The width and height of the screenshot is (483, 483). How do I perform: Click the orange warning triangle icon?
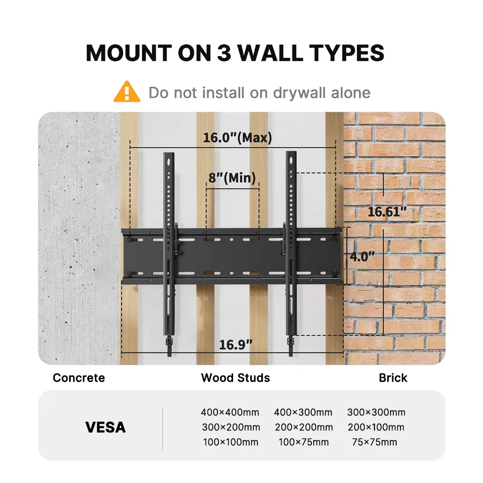click(126, 92)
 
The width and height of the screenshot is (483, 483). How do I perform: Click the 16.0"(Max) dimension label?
click(237, 138)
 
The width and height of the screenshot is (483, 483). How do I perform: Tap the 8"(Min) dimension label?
click(232, 178)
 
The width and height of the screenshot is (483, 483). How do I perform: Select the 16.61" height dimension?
click(387, 212)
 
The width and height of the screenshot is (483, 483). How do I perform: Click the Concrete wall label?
click(79, 378)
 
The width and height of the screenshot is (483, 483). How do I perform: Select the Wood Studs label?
click(235, 378)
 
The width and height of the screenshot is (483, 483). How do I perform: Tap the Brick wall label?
click(393, 378)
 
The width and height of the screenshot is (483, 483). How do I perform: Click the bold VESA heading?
click(106, 427)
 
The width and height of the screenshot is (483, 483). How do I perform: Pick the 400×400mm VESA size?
click(230, 412)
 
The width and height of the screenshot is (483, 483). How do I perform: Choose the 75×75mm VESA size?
click(375, 442)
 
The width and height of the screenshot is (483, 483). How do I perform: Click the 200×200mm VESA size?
click(304, 427)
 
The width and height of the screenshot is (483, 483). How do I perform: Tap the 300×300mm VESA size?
click(376, 412)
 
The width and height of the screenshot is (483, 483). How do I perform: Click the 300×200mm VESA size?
click(231, 427)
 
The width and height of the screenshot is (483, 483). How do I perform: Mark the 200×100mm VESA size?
click(376, 427)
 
